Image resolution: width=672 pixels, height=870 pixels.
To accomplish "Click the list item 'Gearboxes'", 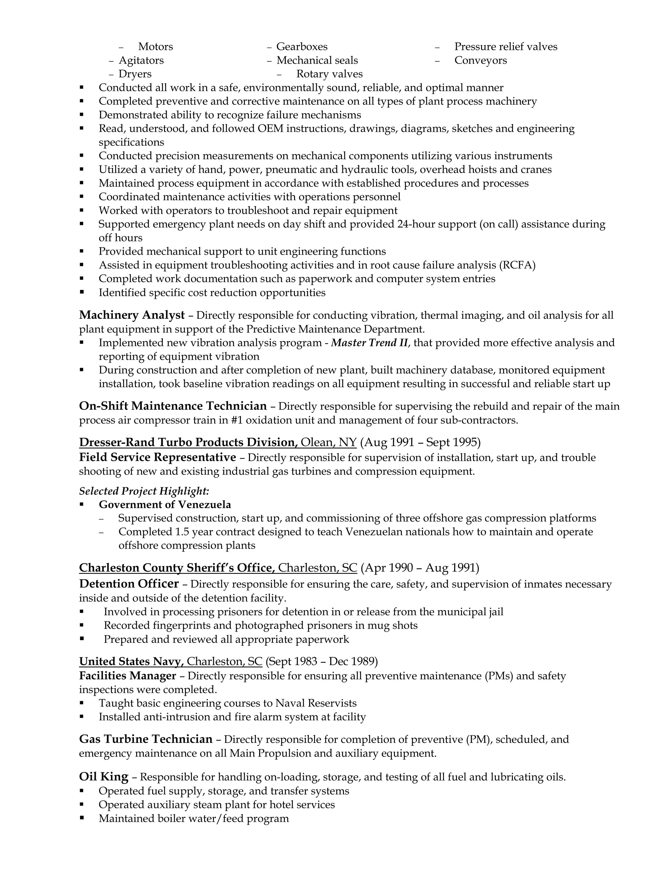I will click(x=302, y=47).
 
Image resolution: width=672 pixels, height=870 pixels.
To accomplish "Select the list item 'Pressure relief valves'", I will click(x=506, y=47).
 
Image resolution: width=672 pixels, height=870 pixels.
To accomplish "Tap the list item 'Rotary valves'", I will click(x=329, y=74).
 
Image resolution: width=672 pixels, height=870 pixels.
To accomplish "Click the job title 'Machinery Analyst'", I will click(x=132, y=315).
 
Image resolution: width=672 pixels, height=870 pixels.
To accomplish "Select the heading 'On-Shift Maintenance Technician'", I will click(x=173, y=406).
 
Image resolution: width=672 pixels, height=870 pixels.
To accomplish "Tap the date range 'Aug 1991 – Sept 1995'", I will click(x=420, y=442).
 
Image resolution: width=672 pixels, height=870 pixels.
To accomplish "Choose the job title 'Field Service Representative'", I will click(x=157, y=457).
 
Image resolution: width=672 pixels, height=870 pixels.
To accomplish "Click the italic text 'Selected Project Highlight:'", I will click(x=144, y=491).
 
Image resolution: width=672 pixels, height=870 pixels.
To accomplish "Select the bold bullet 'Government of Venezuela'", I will click(x=165, y=504).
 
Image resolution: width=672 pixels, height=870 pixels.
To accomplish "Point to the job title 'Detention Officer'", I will click(x=129, y=584).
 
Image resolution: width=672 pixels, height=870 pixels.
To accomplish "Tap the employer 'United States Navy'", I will click(x=131, y=661).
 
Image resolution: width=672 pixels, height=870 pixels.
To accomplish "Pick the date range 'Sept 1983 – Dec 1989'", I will click(x=321, y=661).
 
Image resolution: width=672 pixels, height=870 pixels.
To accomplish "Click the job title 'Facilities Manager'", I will click(x=127, y=676).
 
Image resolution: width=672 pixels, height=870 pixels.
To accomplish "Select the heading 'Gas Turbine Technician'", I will click(x=146, y=739).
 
